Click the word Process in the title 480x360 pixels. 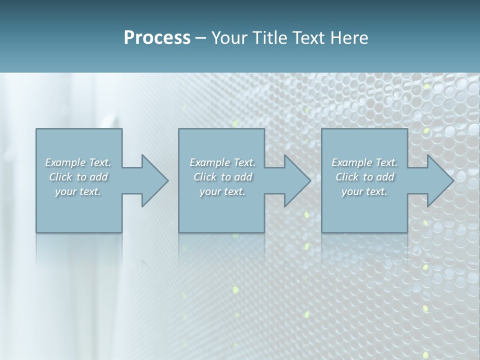157,38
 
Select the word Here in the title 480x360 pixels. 349,38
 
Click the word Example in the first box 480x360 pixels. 65,162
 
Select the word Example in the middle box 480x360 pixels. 209,162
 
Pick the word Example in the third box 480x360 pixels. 351,162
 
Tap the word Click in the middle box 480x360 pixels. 205,177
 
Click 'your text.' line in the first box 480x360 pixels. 78,191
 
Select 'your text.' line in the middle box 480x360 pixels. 222,191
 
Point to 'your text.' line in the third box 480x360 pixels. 364,191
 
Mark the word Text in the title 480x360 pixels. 308,38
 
